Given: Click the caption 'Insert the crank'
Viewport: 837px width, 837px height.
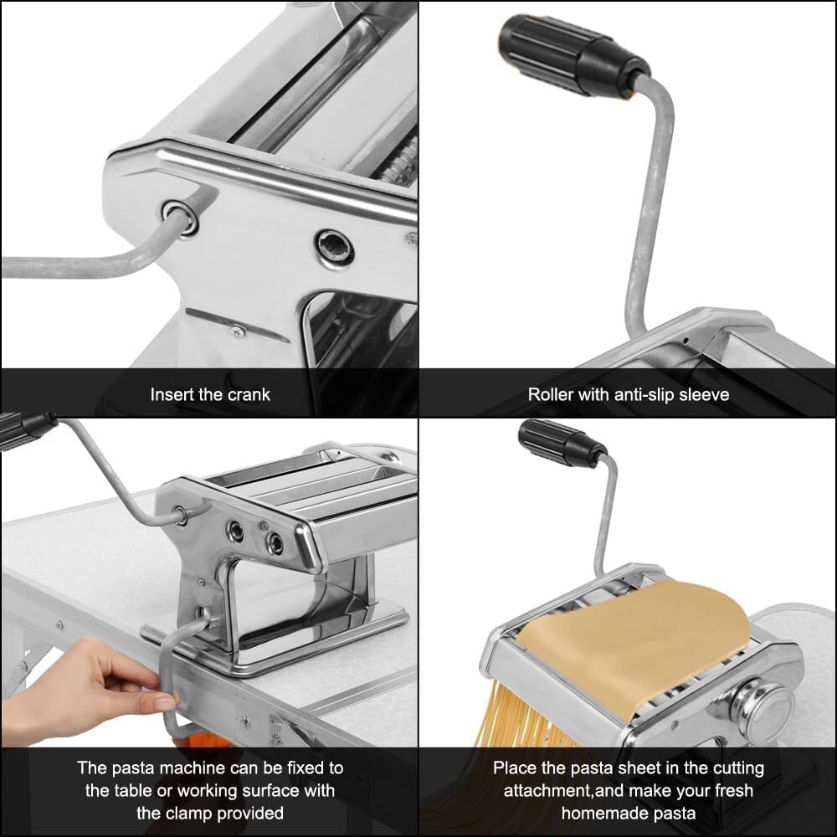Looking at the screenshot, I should pos(210,394).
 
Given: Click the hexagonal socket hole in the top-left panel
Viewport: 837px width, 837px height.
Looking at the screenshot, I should pos(335,248).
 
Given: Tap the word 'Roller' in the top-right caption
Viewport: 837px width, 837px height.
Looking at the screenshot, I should pos(552,394).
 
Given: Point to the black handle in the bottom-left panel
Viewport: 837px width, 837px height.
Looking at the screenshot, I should pos(25,429).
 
